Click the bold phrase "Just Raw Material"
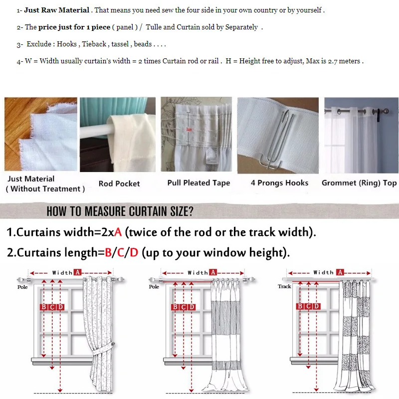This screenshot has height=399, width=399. tap(56, 10)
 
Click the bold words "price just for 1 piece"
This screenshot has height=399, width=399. tap(74, 27)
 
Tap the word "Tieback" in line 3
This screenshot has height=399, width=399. tap(94, 44)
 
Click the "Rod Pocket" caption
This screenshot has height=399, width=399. tap(119, 184)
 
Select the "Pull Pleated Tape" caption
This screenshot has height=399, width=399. tap(199, 183)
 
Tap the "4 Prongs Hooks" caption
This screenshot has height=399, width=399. tap(279, 183)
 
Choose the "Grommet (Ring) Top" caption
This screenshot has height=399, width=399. tap(359, 183)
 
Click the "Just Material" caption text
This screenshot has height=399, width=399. tap(31, 179)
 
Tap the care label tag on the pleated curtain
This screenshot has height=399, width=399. tap(211, 155)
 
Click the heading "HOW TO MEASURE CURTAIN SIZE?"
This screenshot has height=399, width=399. tap(120, 211)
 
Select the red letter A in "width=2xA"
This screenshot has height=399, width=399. tap(118, 232)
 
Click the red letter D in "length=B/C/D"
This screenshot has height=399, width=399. tap(134, 252)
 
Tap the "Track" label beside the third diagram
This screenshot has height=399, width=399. tap(284, 286)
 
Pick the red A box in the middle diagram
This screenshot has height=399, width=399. tap(213, 272)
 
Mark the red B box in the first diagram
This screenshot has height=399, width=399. tap(44, 307)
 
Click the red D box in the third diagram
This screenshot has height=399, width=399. tap(317, 306)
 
